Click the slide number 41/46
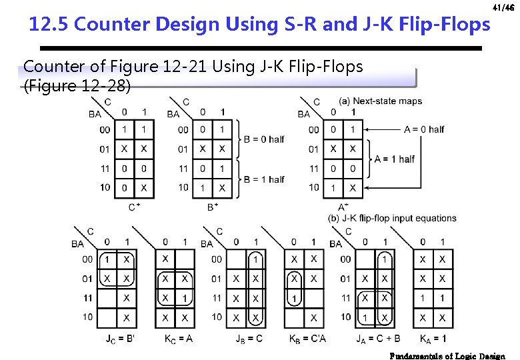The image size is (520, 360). pyautogui.click(x=503, y=7)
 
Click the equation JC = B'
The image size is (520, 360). pyautogui.click(x=120, y=339)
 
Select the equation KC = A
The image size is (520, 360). pyautogui.click(x=179, y=339)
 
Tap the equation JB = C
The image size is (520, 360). pyautogui.click(x=249, y=339)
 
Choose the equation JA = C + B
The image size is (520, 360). pyautogui.click(x=378, y=339)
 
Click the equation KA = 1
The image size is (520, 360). pyautogui.click(x=433, y=339)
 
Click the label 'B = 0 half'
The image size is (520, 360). pyautogui.click(x=264, y=139)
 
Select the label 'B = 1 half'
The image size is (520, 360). pyautogui.click(x=264, y=179)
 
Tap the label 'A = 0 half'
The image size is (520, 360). pyautogui.click(x=424, y=129)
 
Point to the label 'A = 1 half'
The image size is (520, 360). pyautogui.click(x=395, y=159)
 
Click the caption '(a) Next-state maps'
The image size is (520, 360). pyautogui.click(x=380, y=101)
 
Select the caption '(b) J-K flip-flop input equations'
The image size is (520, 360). pyautogui.click(x=392, y=218)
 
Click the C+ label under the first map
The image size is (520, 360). pyautogui.click(x=134, y=207)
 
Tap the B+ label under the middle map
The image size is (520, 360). pyautogui.click(x=213, y=207)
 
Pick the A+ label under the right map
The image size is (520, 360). pyautogui.click(x=343, y=207)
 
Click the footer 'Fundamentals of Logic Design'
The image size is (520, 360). pyautogui.click(x=447, y=355)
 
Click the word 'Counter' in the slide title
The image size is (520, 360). pyautogui.click(x=113, y=25)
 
